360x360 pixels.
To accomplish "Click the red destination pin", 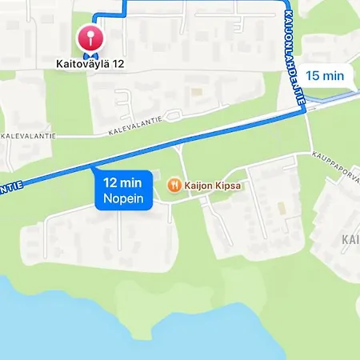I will (x=90, y=38).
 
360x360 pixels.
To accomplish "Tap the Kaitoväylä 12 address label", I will (x=90, y=62).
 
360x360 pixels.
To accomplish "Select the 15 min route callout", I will (x=325, y=76).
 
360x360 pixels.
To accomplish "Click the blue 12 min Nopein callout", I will (x=123, y=190).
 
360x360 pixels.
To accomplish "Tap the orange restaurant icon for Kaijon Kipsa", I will (x=174, y=186).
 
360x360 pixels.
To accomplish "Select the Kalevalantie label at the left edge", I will (x=29, y=136).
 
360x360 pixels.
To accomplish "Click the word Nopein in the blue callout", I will (x=123, y=198).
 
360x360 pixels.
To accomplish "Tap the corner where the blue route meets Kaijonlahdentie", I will (x=305, y=112).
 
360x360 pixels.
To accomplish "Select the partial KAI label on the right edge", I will (x=350, y=239).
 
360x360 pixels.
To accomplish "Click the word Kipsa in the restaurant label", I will (x=227, y=186).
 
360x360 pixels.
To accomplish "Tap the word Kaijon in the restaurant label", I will (x=198, y=186).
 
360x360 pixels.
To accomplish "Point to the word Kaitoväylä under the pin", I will (x=81, y=62).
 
